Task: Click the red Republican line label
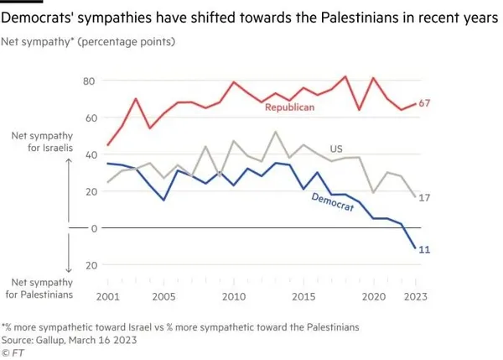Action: point(289,108)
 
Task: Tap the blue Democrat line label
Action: point(331,206)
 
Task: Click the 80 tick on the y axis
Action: point(91,81)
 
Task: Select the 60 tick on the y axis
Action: point(91,117)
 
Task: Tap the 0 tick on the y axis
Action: point(94,227)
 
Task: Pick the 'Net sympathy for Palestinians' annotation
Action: point(37,288)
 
